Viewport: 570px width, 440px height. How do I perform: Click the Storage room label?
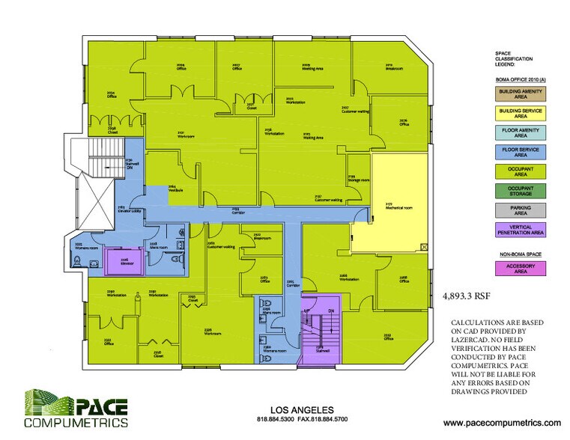[359, 180]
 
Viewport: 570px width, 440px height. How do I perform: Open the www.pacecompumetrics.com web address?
[502, 423]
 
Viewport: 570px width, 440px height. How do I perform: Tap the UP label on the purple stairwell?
[307, 309]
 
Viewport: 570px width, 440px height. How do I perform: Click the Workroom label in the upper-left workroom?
[186, 137]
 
